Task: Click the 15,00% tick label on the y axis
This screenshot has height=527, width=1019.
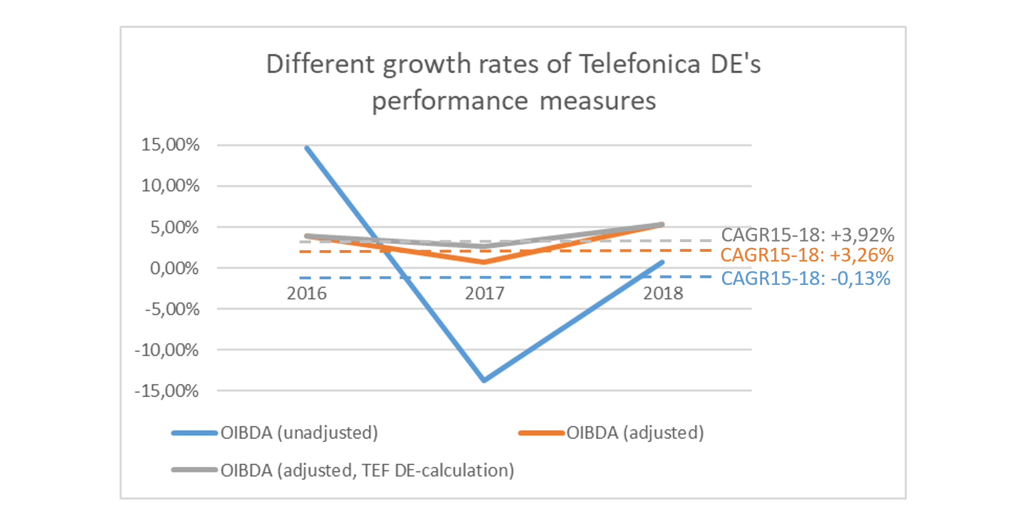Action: (x=170, y=145)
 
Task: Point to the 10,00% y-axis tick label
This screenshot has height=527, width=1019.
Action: (x=170, y=186)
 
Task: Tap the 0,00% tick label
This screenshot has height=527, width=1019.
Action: (x=174, y=268)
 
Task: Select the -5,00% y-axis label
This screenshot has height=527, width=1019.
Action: (x=172, y=310)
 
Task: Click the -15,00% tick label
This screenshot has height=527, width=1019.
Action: (x=166, y=391)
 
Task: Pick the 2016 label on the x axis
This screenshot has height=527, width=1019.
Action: (x=306, y=294)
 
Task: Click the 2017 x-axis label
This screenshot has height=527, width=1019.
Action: (x=485, y=294)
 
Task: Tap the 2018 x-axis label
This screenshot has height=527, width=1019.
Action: (x=663, y=294)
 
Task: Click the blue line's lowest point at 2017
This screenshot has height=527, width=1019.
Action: (x=485, y=380)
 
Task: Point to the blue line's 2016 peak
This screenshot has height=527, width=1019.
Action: (x=307, y=148)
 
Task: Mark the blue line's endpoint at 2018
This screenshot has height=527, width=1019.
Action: (x=662, y=262)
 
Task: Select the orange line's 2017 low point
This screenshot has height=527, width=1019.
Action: (x=485, y=262)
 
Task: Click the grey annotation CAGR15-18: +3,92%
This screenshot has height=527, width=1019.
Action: (x=807, y=235)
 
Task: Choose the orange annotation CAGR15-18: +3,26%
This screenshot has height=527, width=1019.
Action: (x=807, y=255)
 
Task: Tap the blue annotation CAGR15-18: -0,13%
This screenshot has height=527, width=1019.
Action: (x=805, y=279)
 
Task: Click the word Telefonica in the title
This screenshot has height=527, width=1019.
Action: (x=640, y=64)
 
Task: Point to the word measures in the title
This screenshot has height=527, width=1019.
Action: (x=597, y=102)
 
